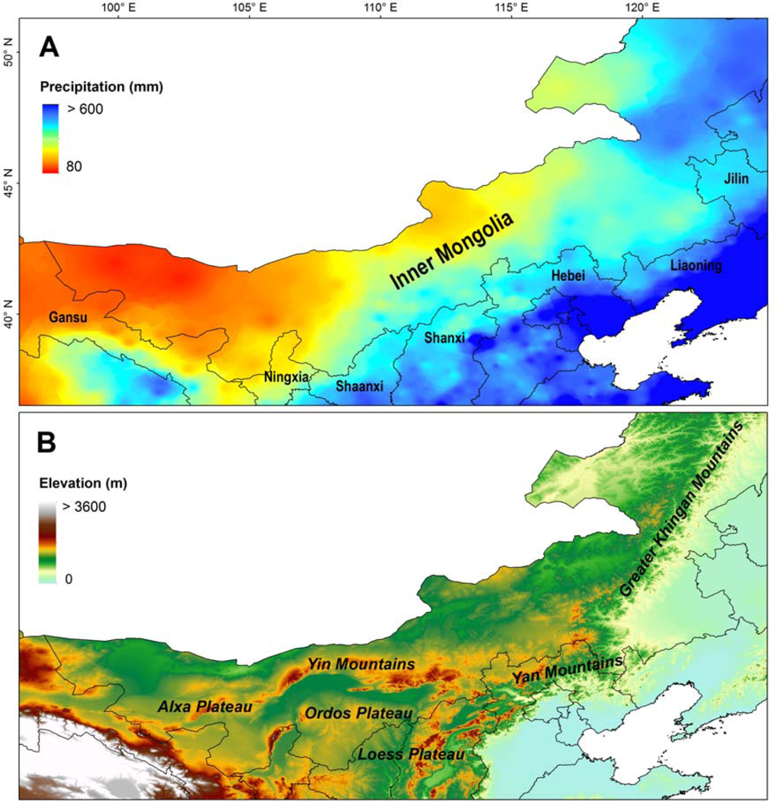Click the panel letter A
49,48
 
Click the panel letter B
49,443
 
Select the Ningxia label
286,376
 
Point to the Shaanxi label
359,386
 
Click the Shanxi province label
445,337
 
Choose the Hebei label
568,276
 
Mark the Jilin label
735,179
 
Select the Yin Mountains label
361,664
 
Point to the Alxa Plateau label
205,706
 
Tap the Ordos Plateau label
357,713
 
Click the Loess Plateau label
411,754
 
